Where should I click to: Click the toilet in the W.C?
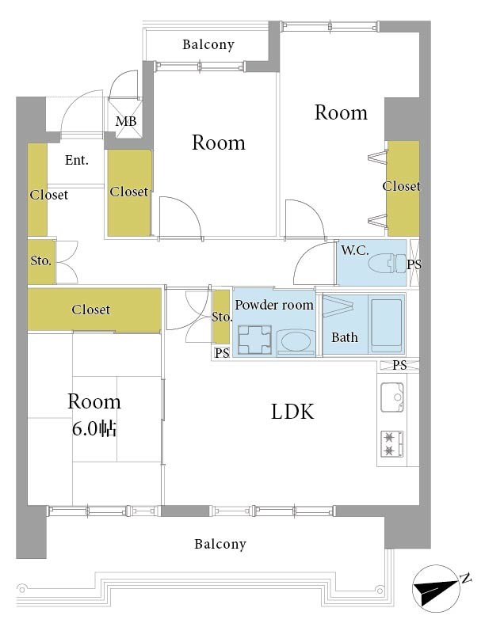point(387,264)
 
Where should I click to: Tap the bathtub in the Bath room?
point(386,325)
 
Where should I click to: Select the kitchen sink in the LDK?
point(392,397)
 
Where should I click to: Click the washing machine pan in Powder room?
point(254,340)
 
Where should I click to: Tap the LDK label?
point(292,412)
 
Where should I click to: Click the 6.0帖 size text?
point(94,429)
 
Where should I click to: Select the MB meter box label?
point(126,121)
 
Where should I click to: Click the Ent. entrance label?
point(76,161)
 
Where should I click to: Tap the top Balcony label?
point(208,44)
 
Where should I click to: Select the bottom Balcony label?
point(220,544)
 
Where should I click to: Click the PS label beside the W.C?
point(414,264)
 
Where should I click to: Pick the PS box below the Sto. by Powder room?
point(222,352)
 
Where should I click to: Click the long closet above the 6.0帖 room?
point(94,310)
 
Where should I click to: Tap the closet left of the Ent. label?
point(37,189)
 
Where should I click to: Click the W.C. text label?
point(354,251)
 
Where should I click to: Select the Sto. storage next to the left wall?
point(41,261)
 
